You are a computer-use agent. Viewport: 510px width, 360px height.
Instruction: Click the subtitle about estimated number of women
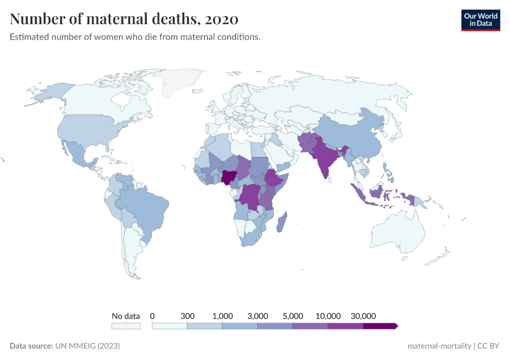(x=135, y=37)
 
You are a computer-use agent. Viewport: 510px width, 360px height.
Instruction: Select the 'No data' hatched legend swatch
(x=125, y=326)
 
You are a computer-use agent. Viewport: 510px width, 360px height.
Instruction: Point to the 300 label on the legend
(x=188, y=316)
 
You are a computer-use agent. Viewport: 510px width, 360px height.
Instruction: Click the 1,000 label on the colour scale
(x=223, y=316)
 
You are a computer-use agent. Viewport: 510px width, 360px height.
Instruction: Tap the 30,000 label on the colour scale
(x=363, y=316)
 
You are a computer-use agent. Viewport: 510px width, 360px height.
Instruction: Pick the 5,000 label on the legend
(x=293, y=316)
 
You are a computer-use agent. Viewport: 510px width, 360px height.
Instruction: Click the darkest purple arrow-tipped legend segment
(x=380, y=326)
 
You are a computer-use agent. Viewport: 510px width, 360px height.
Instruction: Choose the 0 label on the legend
(x=152, y=316)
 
